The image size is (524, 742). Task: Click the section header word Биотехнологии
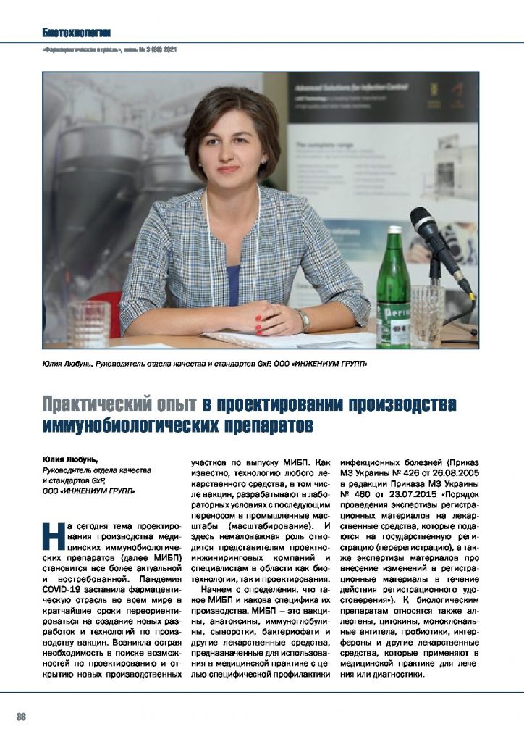click(x=76, y=32)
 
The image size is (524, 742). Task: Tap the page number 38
click(x=21, y=717)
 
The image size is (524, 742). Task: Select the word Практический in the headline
click(x=119, y=404)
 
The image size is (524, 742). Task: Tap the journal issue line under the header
click(x=109, y=51)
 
